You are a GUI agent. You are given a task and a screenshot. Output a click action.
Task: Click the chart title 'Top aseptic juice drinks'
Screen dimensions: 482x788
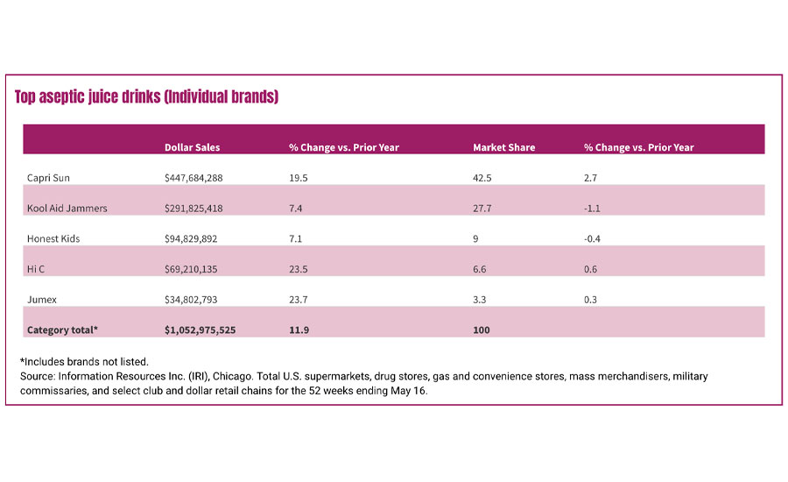point(146,96)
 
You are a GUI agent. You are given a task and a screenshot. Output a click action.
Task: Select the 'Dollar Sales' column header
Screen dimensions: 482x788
point(192,147)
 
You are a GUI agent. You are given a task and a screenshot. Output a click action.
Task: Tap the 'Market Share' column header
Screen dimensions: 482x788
point(503,147)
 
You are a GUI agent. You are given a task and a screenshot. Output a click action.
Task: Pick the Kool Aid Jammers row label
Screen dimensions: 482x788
point(67,209)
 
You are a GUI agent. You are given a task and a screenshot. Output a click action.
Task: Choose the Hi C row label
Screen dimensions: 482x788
point(37,269)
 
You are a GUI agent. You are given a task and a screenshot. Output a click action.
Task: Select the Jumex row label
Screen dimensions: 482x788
point(42,300)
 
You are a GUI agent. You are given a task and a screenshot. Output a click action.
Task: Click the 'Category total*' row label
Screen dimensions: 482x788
point(63,330)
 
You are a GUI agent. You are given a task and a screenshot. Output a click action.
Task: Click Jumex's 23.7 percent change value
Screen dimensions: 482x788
point(298,300)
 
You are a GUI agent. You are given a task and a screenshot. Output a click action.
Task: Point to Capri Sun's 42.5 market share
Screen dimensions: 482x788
point(482,178)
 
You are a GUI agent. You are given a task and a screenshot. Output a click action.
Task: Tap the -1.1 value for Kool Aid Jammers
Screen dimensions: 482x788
point(593,209)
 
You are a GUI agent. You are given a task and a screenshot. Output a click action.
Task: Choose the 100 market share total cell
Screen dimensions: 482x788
point(481,330)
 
